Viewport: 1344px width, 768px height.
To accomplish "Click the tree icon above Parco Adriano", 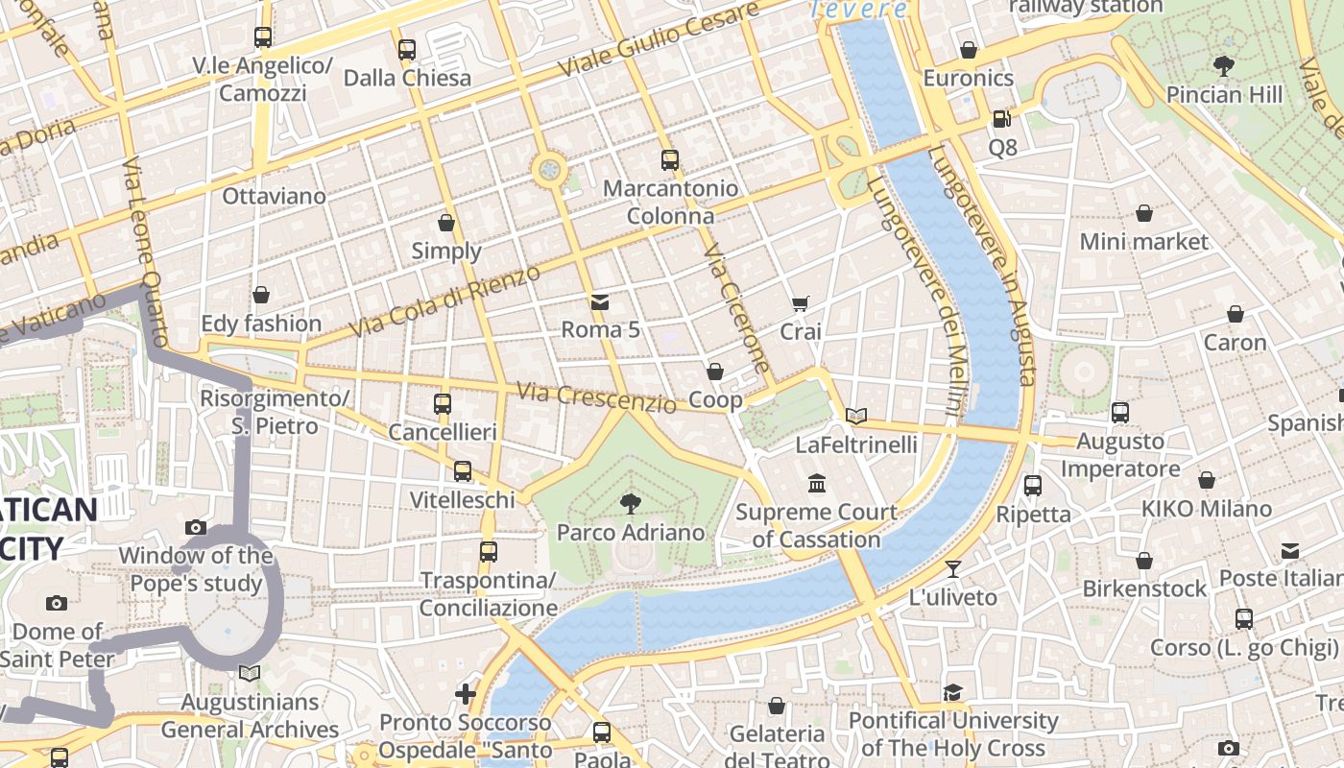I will (631, 503).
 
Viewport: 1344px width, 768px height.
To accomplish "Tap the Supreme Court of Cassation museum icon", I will (817, 483).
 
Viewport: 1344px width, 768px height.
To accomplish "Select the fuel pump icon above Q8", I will (1001, 119).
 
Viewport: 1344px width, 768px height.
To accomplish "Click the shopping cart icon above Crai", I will (801, 303).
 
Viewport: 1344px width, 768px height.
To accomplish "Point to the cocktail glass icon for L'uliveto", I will (952, 568).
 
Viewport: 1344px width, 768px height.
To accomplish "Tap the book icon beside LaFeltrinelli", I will (856, 416).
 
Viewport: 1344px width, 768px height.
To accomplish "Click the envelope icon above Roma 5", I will (600, 301).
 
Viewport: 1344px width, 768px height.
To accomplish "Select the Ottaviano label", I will (274, 196).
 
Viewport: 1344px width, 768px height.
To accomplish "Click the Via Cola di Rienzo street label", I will (445, 301).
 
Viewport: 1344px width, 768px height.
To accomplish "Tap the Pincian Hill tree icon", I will (1223, 66).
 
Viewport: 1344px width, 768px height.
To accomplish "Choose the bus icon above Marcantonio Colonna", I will (670, 160).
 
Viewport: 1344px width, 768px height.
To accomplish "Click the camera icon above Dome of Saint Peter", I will (57, 603).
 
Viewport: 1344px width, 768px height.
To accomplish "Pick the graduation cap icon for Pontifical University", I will (952, 692).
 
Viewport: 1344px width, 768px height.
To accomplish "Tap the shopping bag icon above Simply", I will (446, 223).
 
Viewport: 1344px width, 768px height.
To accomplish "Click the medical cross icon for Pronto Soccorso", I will (466, 693).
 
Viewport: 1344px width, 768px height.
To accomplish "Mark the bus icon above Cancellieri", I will (442, 404).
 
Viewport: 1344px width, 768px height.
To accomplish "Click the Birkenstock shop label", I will (1144, 588).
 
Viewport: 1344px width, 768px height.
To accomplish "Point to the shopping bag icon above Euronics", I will (969, 50).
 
